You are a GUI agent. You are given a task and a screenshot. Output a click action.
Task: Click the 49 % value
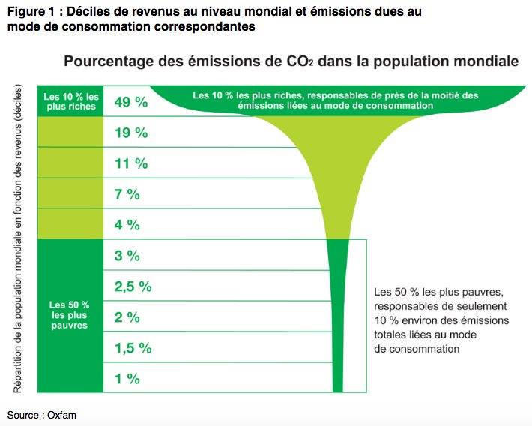130,102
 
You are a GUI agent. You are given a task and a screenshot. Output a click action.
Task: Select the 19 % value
130,133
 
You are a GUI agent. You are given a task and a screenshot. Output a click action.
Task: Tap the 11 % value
130,163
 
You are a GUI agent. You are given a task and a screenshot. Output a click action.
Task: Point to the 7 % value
127,194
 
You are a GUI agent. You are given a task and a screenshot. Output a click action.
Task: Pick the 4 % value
127,225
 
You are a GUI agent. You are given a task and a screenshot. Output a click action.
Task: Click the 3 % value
127,256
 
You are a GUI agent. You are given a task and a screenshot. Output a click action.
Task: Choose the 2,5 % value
133,286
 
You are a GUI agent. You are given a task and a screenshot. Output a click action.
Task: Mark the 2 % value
127,317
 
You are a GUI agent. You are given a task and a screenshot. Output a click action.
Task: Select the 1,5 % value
133,348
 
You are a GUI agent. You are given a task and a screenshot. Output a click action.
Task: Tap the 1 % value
127,379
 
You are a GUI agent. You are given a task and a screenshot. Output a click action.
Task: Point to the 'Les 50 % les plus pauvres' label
70,315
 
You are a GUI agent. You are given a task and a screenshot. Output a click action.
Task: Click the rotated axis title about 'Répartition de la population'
19,238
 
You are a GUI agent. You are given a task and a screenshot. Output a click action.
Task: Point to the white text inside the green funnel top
335,100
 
